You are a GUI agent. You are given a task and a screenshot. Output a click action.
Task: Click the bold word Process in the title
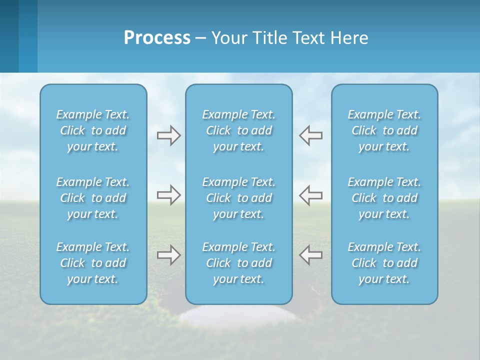click(x=157, y=38)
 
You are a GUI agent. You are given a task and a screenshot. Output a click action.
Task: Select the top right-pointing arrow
click(x=168, y=135)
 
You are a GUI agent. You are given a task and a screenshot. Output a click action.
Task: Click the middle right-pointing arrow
click(x=168, y=195)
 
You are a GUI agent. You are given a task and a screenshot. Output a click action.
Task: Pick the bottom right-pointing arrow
click(x=168, y=255)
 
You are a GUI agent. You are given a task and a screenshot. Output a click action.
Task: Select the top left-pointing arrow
click(x=311, y=135)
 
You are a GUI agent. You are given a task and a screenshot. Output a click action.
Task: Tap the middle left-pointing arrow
click(x=311, y=195)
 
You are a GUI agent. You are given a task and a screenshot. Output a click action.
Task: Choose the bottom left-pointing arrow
click(x=311, y=255)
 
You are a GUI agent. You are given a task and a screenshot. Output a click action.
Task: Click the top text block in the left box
click(x=93, y=130)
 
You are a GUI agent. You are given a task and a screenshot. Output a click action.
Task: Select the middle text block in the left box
click(x=93, y=198)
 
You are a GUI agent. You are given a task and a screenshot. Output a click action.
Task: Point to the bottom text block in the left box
click(x=93, y=263)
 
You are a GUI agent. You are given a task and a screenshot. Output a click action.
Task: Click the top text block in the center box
click(x=238, y=130)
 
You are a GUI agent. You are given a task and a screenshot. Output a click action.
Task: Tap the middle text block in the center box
click(x=238, y=198)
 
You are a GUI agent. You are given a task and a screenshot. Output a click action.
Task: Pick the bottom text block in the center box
click(x=238, y=263)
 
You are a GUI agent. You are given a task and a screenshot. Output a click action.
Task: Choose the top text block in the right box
click(x=384, y=130)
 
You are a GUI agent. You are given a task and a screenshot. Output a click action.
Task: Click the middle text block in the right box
click(x=384, y=198)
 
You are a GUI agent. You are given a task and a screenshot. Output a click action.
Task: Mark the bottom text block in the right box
click(x=384, y=263)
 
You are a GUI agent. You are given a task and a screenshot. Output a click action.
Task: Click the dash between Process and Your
click(x=200, y=38)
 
